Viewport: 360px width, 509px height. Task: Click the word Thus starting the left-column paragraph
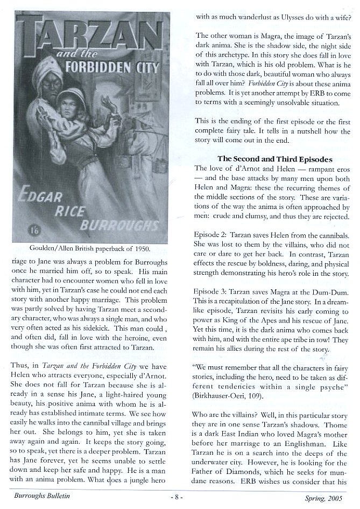click(x=19, y=366)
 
